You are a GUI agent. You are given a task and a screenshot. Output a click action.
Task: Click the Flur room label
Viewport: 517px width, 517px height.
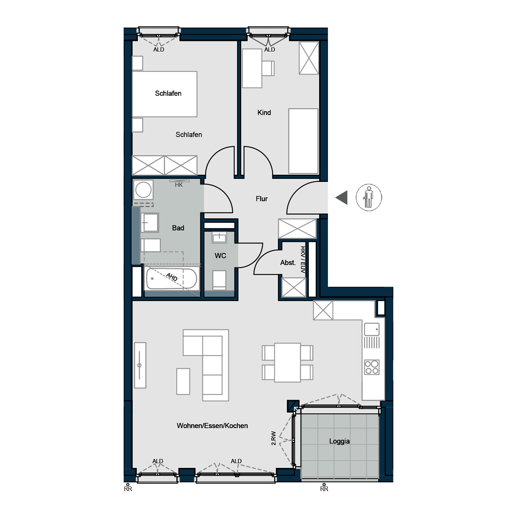262,199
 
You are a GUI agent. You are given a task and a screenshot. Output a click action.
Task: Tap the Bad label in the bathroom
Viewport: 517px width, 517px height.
178,228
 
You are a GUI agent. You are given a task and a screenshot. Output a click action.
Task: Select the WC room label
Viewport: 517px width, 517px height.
220,255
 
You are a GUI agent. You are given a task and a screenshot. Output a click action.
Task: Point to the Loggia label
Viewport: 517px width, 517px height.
339,441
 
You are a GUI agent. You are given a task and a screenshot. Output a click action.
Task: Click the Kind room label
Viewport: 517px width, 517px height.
264,113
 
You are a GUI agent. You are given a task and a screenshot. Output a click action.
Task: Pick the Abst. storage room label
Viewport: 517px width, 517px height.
288,263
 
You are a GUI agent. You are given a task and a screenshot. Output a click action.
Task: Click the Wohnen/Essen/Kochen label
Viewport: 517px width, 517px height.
212,426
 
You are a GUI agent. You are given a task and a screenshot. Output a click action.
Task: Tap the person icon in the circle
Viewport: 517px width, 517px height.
369,197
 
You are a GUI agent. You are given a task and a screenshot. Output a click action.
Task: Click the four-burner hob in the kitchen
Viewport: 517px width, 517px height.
371,368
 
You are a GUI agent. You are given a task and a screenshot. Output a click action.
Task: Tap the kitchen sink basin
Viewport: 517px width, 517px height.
371,330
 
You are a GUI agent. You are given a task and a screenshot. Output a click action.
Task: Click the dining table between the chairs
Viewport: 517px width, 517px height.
287,362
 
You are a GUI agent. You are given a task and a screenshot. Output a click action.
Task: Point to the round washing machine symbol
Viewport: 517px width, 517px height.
143,190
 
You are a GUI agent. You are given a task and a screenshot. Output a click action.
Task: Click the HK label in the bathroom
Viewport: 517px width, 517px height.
179,185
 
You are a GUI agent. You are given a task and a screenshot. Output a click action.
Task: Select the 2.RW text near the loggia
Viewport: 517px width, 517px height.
274,438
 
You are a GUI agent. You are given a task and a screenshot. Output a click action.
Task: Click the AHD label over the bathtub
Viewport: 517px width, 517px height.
172,277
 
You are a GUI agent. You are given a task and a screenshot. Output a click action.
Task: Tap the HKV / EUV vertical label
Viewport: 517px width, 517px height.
303,259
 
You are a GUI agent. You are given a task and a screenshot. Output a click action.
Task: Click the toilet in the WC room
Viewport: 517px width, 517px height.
219,280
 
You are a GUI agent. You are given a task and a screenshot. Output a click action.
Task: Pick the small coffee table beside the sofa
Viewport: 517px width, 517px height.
183,382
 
